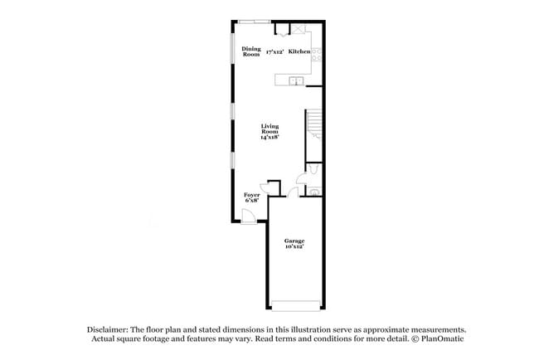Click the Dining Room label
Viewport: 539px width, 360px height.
coord(251,51)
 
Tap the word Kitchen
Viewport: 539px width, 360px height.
coord(299,52)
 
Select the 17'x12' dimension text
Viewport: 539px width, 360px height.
coord(275,52)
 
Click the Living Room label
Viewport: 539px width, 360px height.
coord(269,129)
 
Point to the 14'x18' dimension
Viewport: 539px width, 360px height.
coord(269,137)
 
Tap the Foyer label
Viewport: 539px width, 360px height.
coord(251,195)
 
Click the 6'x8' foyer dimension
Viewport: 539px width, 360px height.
coord(251,201)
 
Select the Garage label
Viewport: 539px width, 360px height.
coord(294,241)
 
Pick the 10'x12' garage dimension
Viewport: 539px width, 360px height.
coord(294,247)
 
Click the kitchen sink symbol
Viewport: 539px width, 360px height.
coord(294,80)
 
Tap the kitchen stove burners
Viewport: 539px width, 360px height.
coord(317,55)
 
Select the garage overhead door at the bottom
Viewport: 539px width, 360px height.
coord(294,304)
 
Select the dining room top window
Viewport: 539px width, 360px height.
coord(253,21)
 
